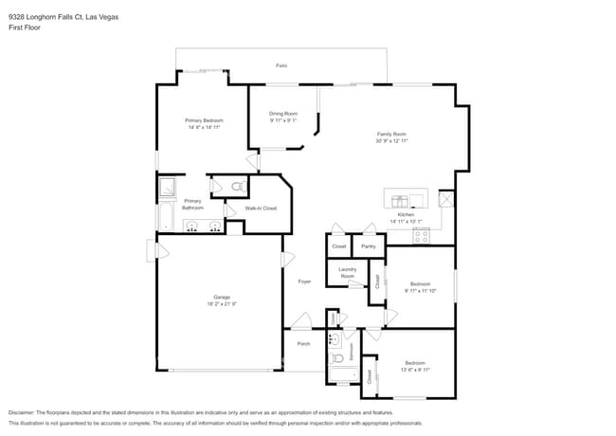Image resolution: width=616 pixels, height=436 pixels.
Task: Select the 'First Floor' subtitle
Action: coord(24,27)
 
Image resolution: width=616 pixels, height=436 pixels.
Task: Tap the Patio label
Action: coord(281,65)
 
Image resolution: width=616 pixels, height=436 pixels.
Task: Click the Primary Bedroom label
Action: coord(204,120)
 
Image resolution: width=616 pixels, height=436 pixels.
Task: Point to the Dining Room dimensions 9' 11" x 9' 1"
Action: coord(283,120)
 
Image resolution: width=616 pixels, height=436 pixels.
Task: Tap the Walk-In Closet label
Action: coord(261,208)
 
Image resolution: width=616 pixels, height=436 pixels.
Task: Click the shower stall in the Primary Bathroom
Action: coord(167,186)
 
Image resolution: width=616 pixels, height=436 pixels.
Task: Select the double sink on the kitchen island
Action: coord(401,200)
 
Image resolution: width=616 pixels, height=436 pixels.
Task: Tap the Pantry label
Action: coord(369,246)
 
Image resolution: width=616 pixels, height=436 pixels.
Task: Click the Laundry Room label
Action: coord(348,272)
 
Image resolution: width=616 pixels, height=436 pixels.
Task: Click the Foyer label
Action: coord(304,282)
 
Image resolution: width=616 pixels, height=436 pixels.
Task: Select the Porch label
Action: coord(303,344)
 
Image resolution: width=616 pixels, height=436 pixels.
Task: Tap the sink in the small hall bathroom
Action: coord(335,339)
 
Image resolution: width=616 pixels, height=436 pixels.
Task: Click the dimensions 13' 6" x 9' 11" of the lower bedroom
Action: coord(417,370)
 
